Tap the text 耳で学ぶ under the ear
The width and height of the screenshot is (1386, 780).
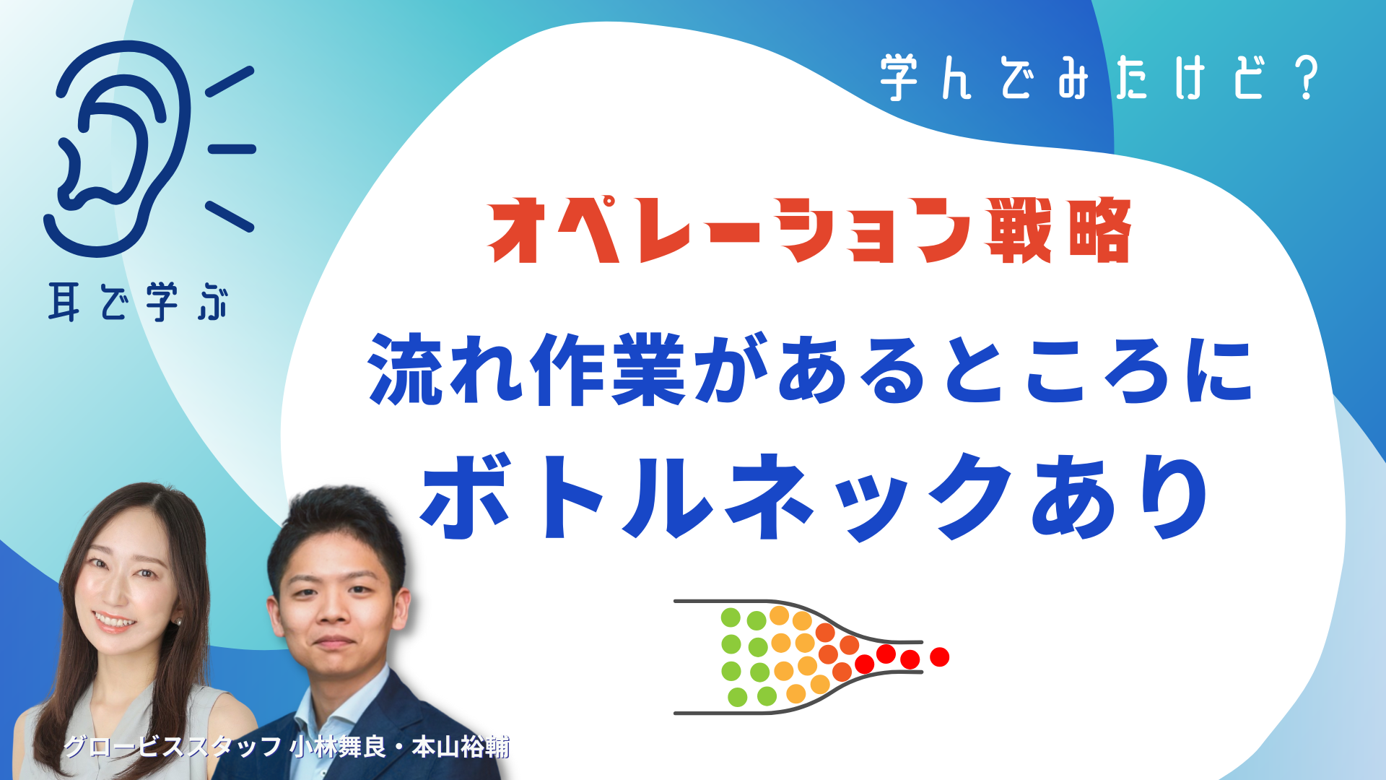[x=139, y=302]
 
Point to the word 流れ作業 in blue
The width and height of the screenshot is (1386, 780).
[x=526, y=370]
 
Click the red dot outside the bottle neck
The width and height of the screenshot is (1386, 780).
[x=939, y=656]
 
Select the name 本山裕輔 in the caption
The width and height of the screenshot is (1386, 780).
[x=461, y=747]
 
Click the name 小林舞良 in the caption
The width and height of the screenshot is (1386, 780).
[x=338, y=747]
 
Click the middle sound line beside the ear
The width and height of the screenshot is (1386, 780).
[x=232, y=149]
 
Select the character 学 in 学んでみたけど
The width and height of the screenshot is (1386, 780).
[x=899, y=77]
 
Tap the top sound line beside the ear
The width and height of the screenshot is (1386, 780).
[x=230, y=82]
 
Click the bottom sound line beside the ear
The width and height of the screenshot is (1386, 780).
[x=230, y=217]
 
